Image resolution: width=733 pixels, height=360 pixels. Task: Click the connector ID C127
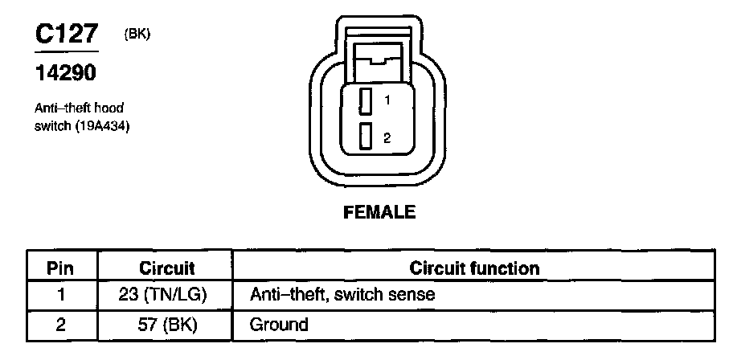tap(67, 35)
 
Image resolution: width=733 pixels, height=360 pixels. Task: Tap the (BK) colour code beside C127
tap(137, 34)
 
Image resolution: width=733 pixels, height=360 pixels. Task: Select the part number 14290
tap(64, 73)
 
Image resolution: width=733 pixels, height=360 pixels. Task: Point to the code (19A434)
tap(101, 125)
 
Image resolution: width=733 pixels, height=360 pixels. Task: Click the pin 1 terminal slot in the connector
tap(365, 101)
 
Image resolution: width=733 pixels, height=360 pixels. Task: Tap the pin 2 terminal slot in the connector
tap(365, 137)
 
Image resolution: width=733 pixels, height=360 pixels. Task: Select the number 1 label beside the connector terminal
tap(387, 101)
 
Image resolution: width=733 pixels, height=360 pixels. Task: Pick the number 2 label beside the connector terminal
tap(387, 138)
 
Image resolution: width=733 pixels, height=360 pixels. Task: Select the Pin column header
tap(62, 268)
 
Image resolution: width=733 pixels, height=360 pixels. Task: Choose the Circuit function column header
tap(474, 268)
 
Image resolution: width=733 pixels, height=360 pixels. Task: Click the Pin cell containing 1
tap(62, 295)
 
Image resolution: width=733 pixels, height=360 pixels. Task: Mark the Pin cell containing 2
tap(62, 325)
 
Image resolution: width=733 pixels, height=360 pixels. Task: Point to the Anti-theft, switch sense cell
tap(342, 295)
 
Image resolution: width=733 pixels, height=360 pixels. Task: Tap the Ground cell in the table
tap(279, 325)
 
